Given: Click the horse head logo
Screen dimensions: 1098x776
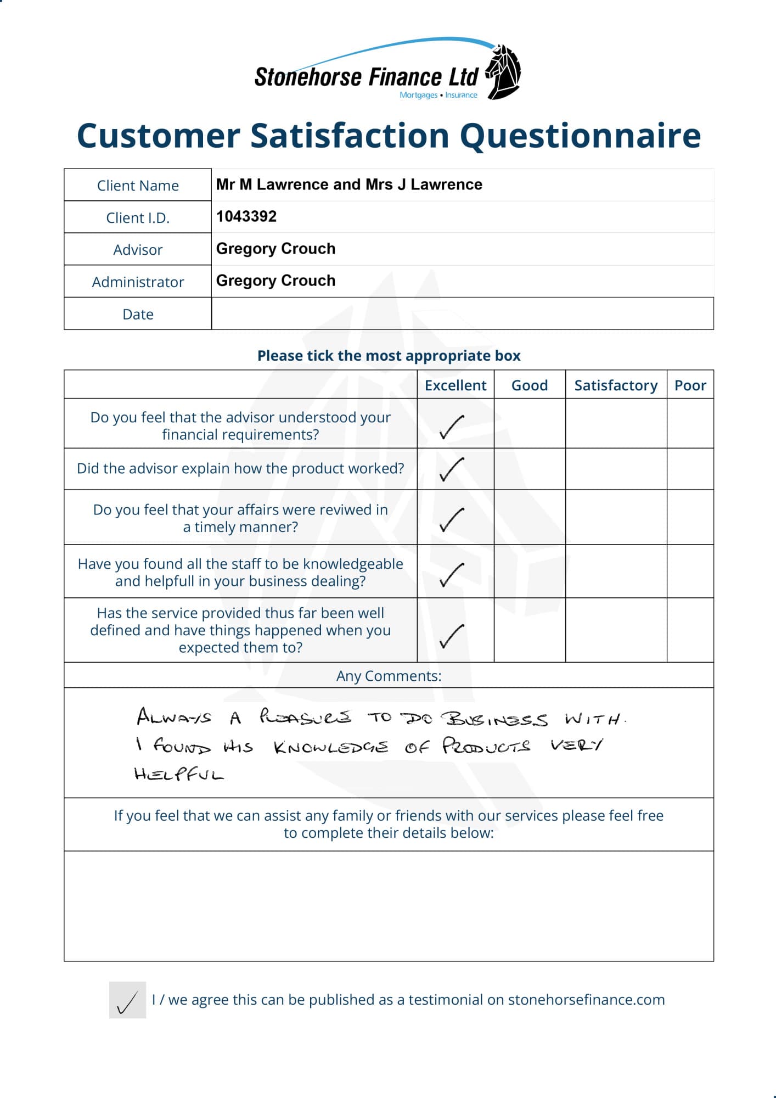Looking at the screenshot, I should (x=504, y=72).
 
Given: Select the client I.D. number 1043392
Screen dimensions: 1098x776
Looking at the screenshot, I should (x=246, y=216).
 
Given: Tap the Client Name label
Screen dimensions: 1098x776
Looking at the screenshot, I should (x=138, y=186).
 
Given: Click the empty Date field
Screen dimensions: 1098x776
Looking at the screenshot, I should (x=462, y=313).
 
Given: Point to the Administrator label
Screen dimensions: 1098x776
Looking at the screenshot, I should (x=138, y=282).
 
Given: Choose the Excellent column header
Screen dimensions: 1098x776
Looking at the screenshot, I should (x=455, y=385).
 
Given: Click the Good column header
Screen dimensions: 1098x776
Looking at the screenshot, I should (x=529, y=385).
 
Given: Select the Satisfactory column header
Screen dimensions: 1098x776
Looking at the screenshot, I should (x=615, y=385).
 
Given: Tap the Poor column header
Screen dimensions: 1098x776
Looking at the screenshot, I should (x=690, y=385).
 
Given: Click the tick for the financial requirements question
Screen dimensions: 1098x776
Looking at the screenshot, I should (x=452, y=427).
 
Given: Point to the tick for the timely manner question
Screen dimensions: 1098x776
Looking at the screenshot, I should (x=452, y=519).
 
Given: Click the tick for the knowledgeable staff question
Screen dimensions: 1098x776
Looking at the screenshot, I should (x=452, y=574).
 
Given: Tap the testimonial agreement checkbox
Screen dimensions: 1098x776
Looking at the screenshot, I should (x=127, y=1000).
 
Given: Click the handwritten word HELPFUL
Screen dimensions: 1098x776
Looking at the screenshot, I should (x=179, y=774).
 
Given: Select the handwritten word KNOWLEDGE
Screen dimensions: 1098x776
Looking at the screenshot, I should (x=331, y=747).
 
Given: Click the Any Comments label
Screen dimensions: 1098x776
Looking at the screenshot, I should (x=389, y=676).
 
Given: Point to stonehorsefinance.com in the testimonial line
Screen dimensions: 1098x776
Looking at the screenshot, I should (x=586, y=1000).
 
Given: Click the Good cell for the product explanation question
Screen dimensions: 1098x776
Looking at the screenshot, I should (x=530, y=469).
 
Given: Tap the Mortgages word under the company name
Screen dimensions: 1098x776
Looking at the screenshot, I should (x=418, y=95).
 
